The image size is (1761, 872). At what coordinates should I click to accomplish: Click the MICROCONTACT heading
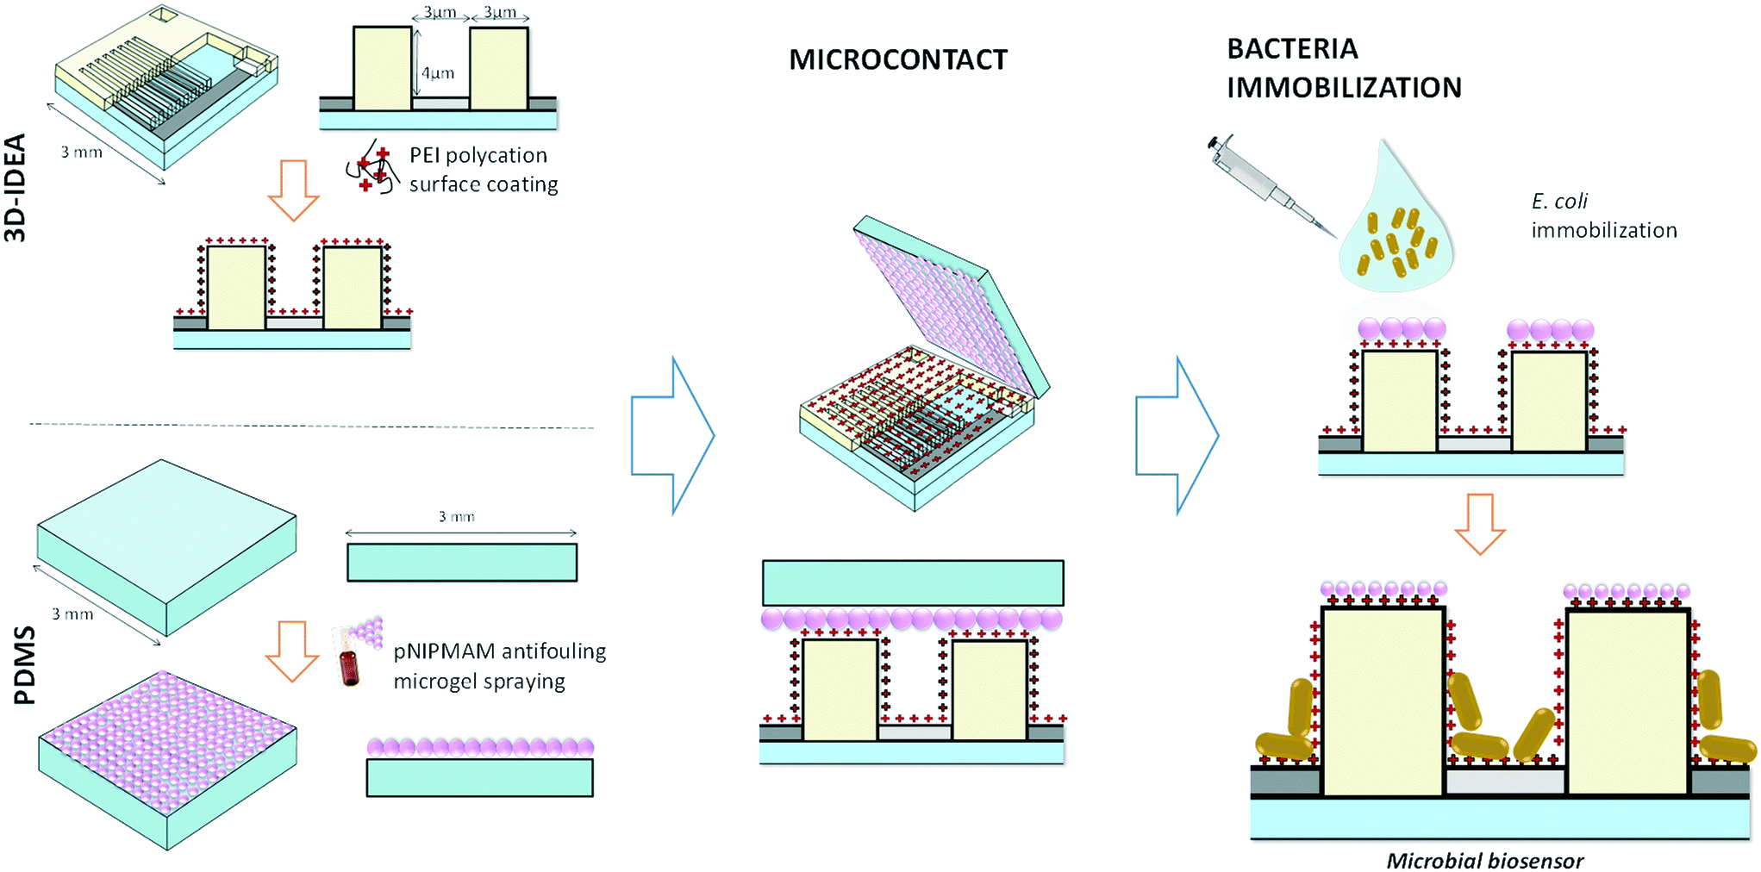click(897, 59)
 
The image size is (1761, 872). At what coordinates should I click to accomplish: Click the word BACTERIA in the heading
click(1292, 49)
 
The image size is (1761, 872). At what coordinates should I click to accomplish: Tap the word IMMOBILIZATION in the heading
click(1344, 88)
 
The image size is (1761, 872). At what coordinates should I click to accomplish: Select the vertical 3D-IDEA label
click(16, 187)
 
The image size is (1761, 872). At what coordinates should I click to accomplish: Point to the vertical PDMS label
click(25, 665)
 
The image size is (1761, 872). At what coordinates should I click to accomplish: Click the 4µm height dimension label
click(437, 73)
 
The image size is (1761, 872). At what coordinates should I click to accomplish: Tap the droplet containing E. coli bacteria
click(1396, 233)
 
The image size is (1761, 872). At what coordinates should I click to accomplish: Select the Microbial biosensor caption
click(1484, 860)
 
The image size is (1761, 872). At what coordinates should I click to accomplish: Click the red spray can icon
click(350, 666)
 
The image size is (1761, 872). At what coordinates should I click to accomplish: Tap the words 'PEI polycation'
click(478, 155)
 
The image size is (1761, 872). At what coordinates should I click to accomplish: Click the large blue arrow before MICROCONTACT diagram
click(671, 436)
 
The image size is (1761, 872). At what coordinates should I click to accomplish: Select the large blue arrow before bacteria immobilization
click(1176, 436)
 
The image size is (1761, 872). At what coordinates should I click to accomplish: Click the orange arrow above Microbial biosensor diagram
click(1479, 523)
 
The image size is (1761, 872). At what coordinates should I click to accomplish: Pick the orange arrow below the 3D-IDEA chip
click(293, 190)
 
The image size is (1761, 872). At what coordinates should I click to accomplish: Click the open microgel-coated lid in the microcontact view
click(948, 302)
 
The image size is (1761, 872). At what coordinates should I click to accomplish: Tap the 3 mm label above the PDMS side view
click(456, 517)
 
